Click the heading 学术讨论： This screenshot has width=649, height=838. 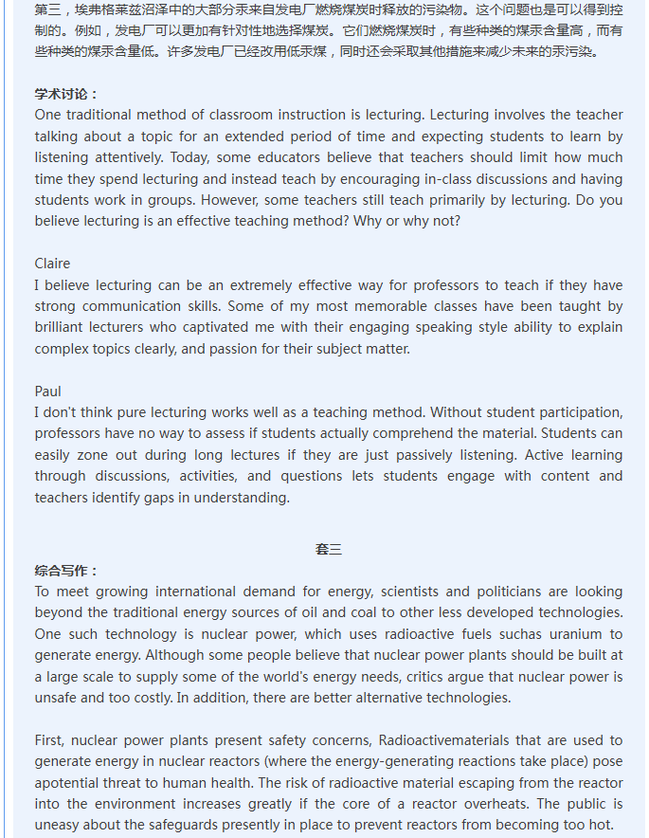click(x=66, y=94)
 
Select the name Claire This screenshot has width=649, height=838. click(x=52, y=264)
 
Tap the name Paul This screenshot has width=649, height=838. click(x=47, y=392)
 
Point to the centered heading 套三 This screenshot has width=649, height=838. click(x=329, y=549)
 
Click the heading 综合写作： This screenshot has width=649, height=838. click(x=66, y=571)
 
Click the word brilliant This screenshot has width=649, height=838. click(x=65, y=327)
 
